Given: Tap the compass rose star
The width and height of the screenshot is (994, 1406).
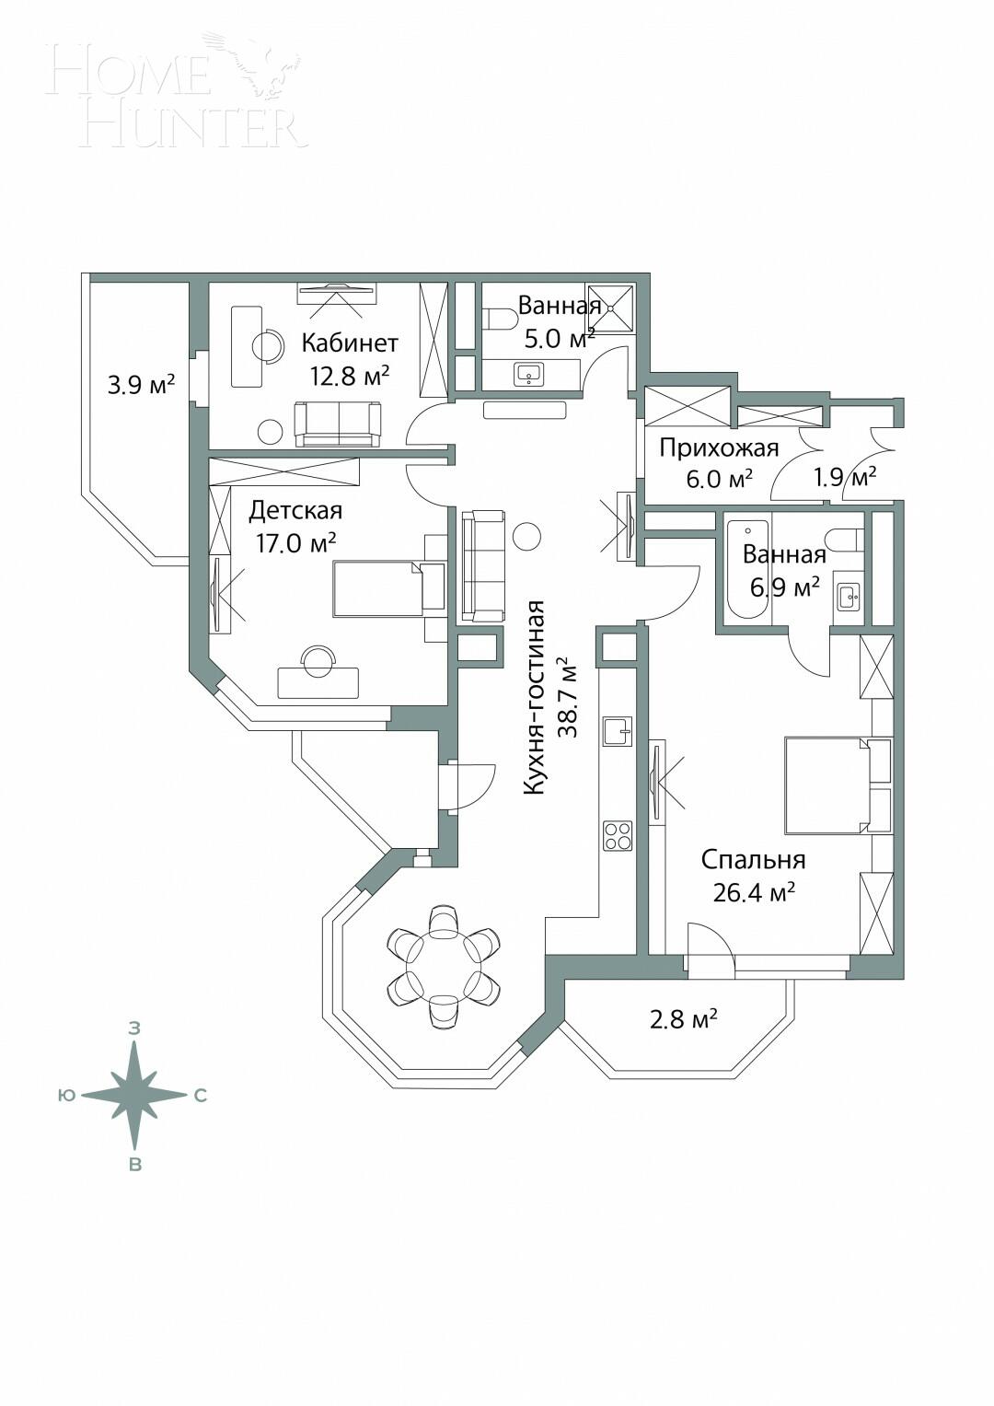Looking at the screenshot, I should pyautogui.click(x=135, y=1095).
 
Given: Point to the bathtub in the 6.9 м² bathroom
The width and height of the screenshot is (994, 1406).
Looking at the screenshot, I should pyautogui.click(x=746, y=571).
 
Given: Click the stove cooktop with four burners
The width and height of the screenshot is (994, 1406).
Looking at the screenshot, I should pyautogui.click(x=618, y=836).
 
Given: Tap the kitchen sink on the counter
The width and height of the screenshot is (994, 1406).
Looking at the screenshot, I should pyautogui.click(x=618, y=731).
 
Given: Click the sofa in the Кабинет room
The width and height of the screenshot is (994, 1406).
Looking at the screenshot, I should pyautogui.click(x=338, y=424).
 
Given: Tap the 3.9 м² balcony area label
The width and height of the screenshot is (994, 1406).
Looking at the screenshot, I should pyautogui.click(x=141, y=385).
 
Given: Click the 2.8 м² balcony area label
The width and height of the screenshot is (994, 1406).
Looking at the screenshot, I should pyautogui.click(x=684, y=1019).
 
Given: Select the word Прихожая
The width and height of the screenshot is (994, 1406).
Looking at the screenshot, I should pyautogui.click(x=719, y=448).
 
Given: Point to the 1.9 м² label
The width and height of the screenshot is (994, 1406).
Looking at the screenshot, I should pyautogui.click(x=844, y=477).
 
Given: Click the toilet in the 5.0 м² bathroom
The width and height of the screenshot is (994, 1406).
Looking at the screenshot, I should pyautogui.click(x=500, y=320).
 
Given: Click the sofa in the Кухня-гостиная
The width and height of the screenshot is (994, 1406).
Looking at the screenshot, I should pyautogui.click(x=484, y=565).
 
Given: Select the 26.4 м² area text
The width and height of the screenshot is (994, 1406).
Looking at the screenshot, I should pyautogui.click(x=754, y=892).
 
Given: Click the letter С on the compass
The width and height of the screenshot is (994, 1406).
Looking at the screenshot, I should pyautogui.click(x=200, y=1096).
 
